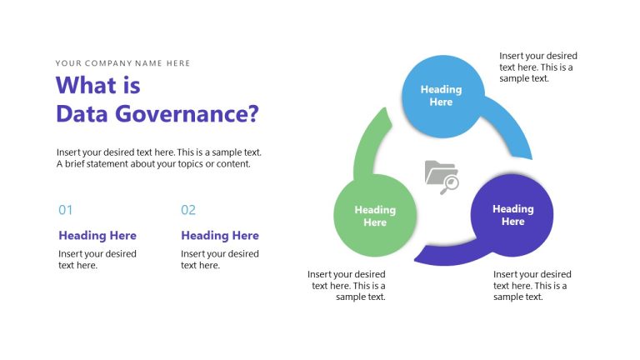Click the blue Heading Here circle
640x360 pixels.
pyautogui.click(x=441, y=95)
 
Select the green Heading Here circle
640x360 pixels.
pyautogui.click(x=375, y=216)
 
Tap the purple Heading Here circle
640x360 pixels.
pyautogui.click(x=512, y=215)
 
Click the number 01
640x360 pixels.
pyautogui.click(x=66, y=210)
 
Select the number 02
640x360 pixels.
pyautogui.click(x=188, y=210)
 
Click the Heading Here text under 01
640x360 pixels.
pyautogui.click(x=97, y=236)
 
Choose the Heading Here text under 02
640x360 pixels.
pyautogui.click(x=220, y=236)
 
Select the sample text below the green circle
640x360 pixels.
pyautogui.click(x=347, y=285)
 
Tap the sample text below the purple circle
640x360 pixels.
pyautogui.click(x=532, y=285)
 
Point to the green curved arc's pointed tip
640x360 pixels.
pyautogui.click(x=385, y=107)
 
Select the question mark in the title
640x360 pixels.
pyautogui.click(x=253, y=113)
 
